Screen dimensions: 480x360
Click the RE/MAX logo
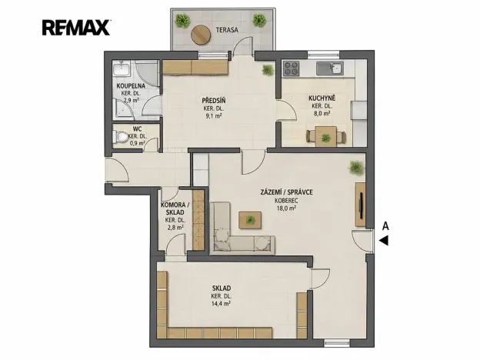tap(76, 28)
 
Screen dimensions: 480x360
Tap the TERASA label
tap(227, 30)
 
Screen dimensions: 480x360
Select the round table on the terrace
tap(201, 35)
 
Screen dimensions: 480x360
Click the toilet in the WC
tap(121, 136)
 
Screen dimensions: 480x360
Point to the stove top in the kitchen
tap(291, 68)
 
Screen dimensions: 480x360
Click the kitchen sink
tap(330, 68)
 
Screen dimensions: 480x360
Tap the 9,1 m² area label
tap(213, 116)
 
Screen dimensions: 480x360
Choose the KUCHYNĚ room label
tap(322, 98)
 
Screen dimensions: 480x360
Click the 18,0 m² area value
tap(286, 208)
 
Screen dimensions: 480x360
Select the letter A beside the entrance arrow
tap(385, 226)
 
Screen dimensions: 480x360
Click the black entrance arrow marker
tap(384, 240)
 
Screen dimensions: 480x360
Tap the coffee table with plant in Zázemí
tap(250, 220)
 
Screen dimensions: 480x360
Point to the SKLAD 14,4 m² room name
tap(222, 288)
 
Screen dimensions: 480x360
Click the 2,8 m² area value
tap(175, 228)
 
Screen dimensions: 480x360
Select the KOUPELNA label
tap(131, 86)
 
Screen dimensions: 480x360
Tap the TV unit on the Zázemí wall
tap(361, 205)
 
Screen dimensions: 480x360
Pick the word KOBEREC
tap(286, 201)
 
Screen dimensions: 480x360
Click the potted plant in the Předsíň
tap(268, 70)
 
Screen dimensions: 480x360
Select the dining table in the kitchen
tap(326, 136)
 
